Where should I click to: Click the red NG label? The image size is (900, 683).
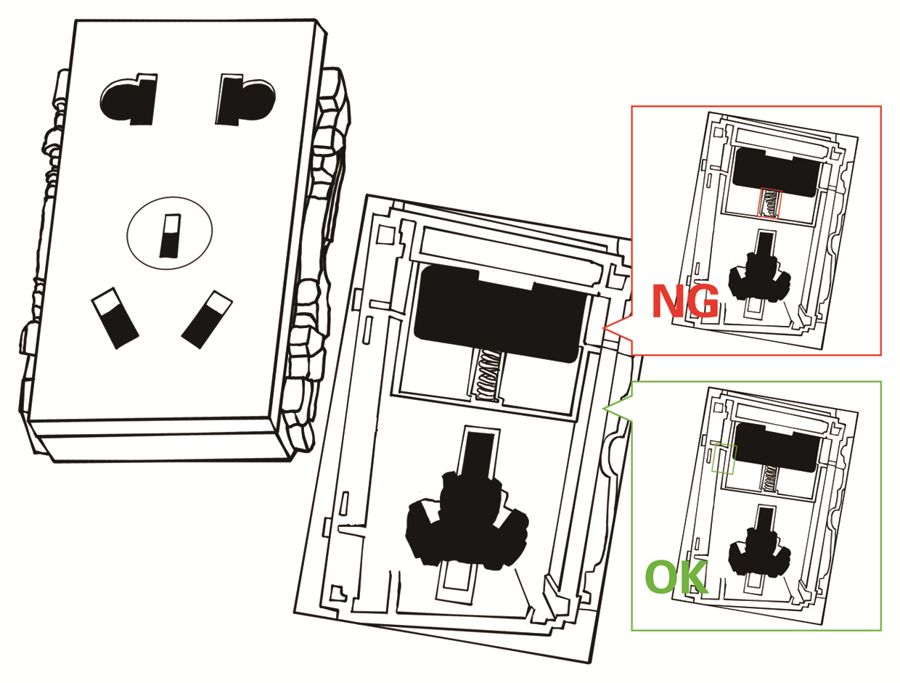[685, 301]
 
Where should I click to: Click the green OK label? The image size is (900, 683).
[675, 577]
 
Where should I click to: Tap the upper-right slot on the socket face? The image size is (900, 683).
[242, 100]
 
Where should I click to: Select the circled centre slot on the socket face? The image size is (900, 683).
[170, 236]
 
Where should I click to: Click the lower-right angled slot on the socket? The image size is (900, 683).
[206, 319]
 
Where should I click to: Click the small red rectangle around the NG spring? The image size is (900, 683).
[769, 204]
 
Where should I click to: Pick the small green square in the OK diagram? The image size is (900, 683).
[724, 459]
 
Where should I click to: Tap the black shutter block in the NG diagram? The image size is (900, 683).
[775, 171]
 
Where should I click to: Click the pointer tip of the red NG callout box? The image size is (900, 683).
[604, 330]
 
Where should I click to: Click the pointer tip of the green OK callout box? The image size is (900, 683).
[604, 408]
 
